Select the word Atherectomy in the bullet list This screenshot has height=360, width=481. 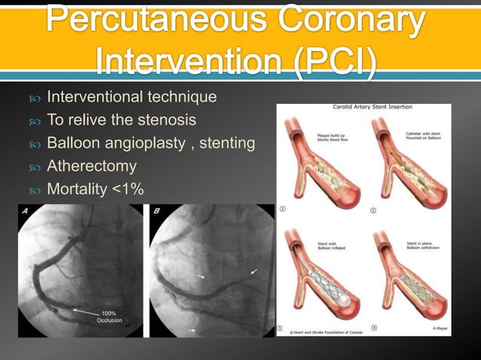click(x=92, y=166)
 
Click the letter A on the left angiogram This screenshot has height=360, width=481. click(x=25, y=212)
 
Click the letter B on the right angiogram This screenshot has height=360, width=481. click(x=156, y=212)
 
